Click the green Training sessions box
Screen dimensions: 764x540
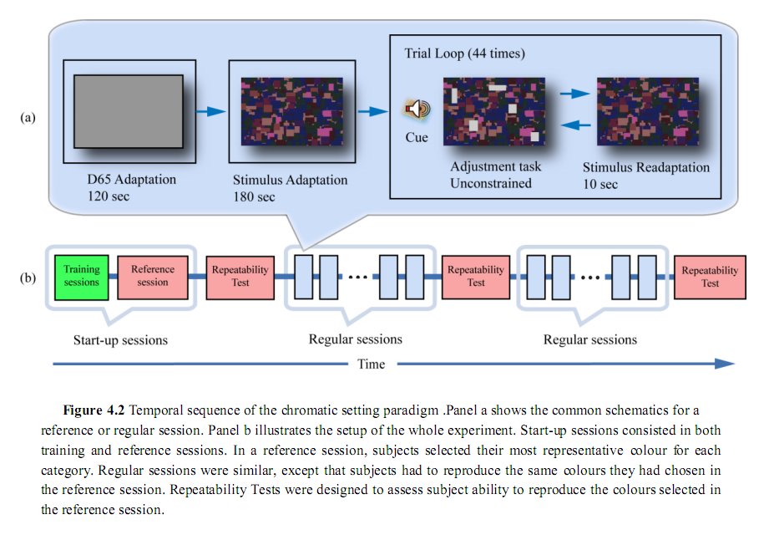coord(81,277)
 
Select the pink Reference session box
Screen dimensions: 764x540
coord(153,277)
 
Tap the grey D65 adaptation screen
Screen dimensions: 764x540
coord(129,111)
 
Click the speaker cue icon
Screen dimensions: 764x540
coord(417,109)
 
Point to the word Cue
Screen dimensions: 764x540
coord(417,137)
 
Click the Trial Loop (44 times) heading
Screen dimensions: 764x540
coord(464,53)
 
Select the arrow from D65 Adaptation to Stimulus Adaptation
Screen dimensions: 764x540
coord(211,112)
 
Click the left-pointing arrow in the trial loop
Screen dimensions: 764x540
coord(575,125)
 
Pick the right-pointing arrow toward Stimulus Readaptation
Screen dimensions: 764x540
coord(575,93)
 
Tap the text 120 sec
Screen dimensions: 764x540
coord(109,196)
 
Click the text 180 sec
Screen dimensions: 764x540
coord(254,196)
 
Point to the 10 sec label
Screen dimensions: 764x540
coord(600,184)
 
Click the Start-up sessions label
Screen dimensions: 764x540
coord(120,340)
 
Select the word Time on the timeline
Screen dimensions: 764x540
coord(372,364)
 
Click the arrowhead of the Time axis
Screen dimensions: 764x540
coord(725,364)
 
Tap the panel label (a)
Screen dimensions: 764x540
coord(28,117)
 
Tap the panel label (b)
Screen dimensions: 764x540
coord(28,278)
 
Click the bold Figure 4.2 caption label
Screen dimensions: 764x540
coord(94,410)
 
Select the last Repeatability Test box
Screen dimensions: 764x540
coord(710,277)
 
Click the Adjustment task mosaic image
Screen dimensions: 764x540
coord(494,111)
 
